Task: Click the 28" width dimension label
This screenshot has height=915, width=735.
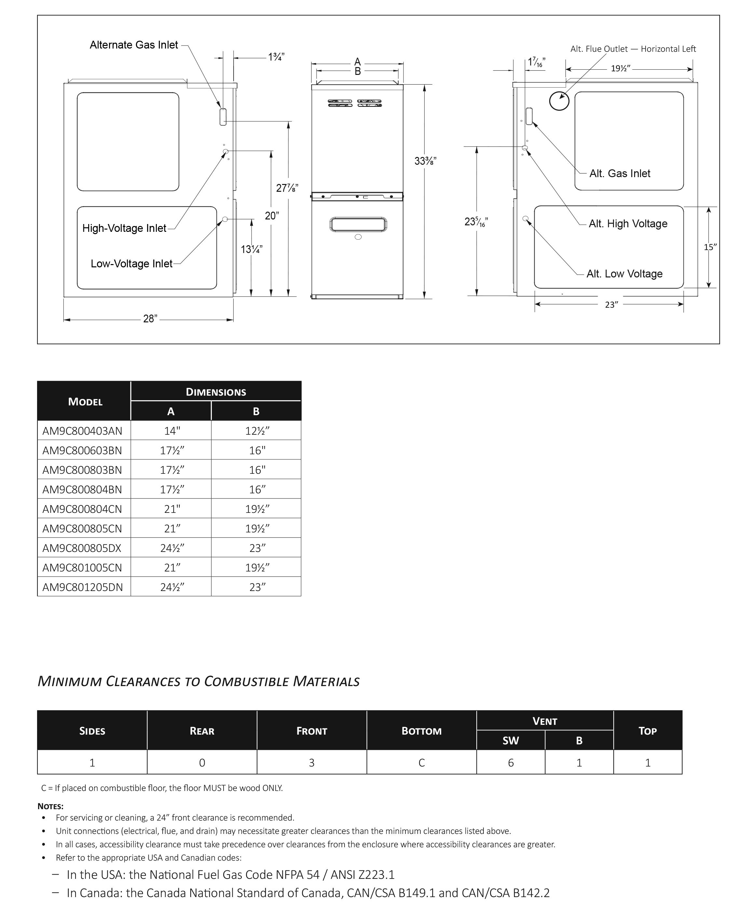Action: [x=150, y=319]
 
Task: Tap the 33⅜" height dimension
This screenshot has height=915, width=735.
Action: [x=425, y=161]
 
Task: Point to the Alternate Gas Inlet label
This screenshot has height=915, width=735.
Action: [x=134, y=45]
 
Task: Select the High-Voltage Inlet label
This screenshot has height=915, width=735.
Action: [x=124, y=228]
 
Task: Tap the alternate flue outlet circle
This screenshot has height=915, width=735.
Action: [x=559, y=101]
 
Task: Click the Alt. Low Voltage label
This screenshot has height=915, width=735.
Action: [x=624, y=274]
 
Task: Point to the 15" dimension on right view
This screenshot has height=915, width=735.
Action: [x=710, y=247]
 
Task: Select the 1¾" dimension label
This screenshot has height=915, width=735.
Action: [x=276, y=57]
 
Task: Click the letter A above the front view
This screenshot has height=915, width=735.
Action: [x=358, y=62]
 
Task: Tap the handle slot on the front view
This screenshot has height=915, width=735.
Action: [x=358, y=224]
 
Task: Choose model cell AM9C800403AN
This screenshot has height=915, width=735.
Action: [x=82, y=431]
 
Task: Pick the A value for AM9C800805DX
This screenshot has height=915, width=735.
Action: [x=172, y=548]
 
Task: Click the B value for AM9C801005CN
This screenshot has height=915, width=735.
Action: [x=257, y=568]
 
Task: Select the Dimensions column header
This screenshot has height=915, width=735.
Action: [x=216, y=392]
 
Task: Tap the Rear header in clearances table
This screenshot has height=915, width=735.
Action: [x=202, y=731]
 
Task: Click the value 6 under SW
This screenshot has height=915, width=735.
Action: [x=510, y=763]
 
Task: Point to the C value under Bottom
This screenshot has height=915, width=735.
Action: [x=422, y=763]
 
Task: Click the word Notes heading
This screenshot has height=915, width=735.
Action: [x=50, y=806]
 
